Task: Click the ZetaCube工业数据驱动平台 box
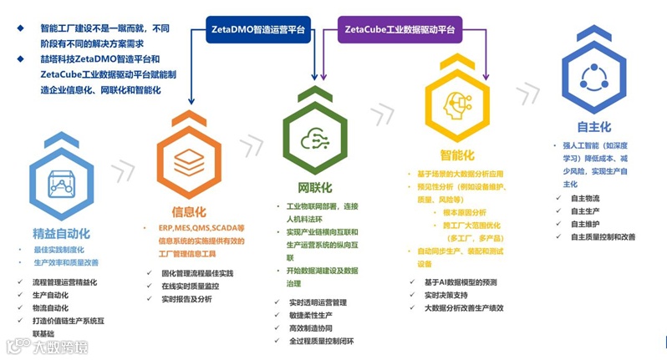pos(400,30)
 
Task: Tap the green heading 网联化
pos(315,186)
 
